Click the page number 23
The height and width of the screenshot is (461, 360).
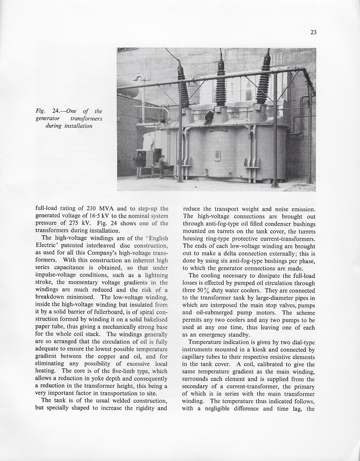pyautogui.click(x=313, y=33)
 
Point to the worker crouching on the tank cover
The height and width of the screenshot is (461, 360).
pyautogui.click(x=209, y=116)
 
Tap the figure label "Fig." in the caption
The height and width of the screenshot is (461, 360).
pyautogui.click(x=41, y=111)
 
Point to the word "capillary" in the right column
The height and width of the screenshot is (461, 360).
pyautogui.click(x=195, y=357)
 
